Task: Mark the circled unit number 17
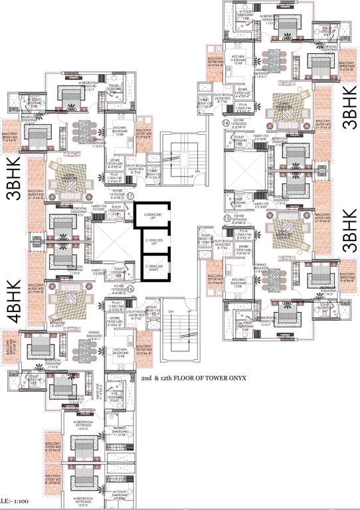click(132, 195)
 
